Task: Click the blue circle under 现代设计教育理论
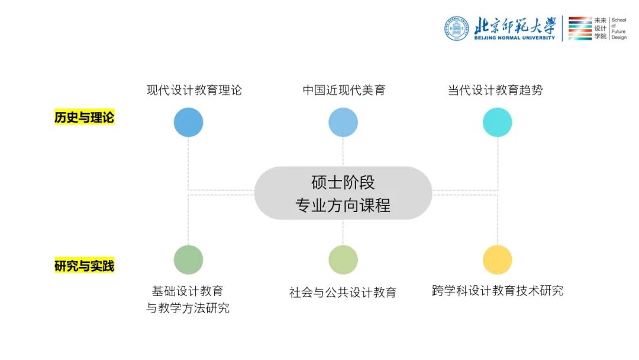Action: [x=188, y=123]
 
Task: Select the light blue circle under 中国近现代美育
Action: [x=343, y=123]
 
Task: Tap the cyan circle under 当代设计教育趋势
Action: [x=498, y=123]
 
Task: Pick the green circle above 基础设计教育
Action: [x=188, y=260]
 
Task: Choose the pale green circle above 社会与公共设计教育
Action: [x=343, y=260]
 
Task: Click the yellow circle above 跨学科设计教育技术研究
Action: [x=498, y=260]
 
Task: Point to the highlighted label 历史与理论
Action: [x=84, y=118]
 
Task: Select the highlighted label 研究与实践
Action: [x=84, y=266]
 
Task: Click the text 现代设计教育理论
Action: [x=194, y=91]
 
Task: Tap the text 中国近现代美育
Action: [x=344, y=91]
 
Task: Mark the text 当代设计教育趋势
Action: [x=495, y=91]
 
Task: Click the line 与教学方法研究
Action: [x=188, y=308]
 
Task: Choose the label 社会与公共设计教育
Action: [x=343, y=292]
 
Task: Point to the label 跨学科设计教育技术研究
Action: [x=498, y=291]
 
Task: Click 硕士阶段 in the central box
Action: [x=343, y=182]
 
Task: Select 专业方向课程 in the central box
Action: [x=343, y=205]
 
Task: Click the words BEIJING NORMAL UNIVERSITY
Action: [x=515, y=38]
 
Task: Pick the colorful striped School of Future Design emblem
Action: [x=580, y=28]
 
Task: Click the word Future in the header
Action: [x=618, y=31]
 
